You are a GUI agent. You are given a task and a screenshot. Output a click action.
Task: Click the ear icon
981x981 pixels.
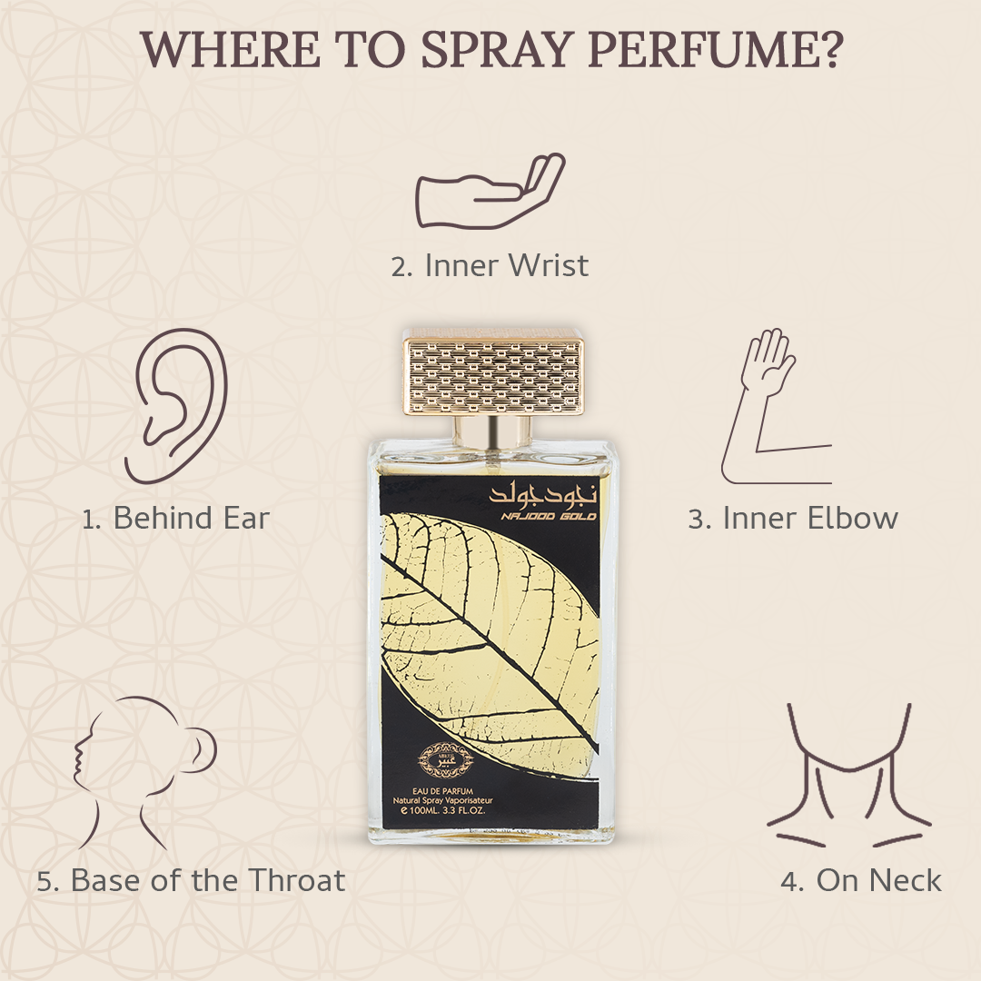[x=177, y=405]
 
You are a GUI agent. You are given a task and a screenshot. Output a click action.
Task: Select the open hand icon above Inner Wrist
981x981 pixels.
[x=490, y=186]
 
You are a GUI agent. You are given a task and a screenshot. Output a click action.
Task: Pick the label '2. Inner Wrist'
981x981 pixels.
[x=490, y=265]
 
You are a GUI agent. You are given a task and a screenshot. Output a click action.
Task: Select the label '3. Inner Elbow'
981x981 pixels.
[x=793, y=519]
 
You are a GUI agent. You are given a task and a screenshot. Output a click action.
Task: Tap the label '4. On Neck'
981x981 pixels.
[x=861, y=880]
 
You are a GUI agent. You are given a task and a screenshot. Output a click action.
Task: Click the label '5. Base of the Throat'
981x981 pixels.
[x=192, y=880]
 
